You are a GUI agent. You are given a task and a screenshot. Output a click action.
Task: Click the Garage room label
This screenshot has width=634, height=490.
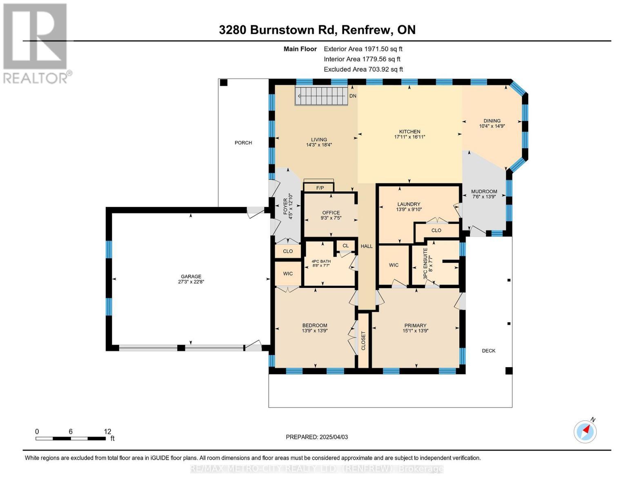tap(191, 276)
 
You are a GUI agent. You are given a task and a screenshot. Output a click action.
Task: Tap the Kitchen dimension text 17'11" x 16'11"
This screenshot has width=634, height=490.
tap(409, 137)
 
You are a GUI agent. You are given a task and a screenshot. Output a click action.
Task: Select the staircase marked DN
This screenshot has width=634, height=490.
tap(321, 96)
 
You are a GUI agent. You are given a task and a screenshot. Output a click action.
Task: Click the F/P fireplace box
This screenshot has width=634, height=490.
tap(319, 187)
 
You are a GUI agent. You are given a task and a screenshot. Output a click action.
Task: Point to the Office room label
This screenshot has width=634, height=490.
tap(331, 213)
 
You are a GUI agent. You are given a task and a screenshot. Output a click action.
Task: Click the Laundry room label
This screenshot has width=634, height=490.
tap(409, 204)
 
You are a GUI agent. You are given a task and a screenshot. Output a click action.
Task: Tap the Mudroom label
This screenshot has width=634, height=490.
tap(484, 192)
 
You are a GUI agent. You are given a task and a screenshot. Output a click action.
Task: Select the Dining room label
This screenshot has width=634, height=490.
tap(492, 121)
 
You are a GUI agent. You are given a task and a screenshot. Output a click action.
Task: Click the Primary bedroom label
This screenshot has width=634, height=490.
tap(415, 325)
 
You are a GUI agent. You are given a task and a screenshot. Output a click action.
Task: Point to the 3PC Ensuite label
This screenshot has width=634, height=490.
tap(425, 263)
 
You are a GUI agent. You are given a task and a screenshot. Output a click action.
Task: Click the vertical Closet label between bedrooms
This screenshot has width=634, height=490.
tap(363, 341)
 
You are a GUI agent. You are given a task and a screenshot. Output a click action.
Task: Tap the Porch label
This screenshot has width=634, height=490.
tap(243, 143)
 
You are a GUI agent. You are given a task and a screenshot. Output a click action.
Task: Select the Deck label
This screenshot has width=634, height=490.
tap(488, 351)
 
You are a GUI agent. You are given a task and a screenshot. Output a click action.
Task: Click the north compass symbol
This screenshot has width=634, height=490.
tap(585, 431)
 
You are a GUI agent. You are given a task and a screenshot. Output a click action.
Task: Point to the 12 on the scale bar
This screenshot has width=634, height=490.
tap(107, 432)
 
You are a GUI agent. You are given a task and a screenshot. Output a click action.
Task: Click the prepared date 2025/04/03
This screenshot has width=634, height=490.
tap(333, 437)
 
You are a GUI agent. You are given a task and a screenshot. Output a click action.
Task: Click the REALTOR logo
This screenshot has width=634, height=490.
tap(36, 43)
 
